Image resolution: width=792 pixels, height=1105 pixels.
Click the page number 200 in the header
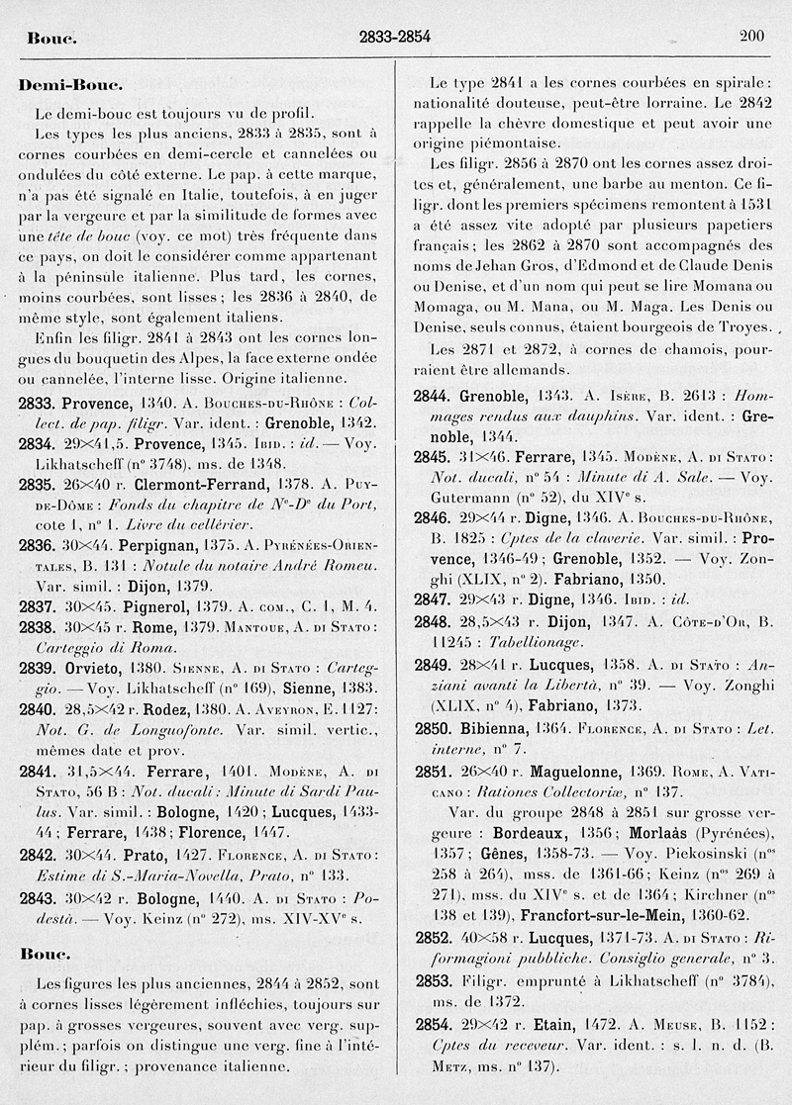point(751,37)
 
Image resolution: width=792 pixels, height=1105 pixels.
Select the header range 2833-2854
point(395,38)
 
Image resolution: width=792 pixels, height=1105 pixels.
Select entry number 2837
point(36,605)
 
